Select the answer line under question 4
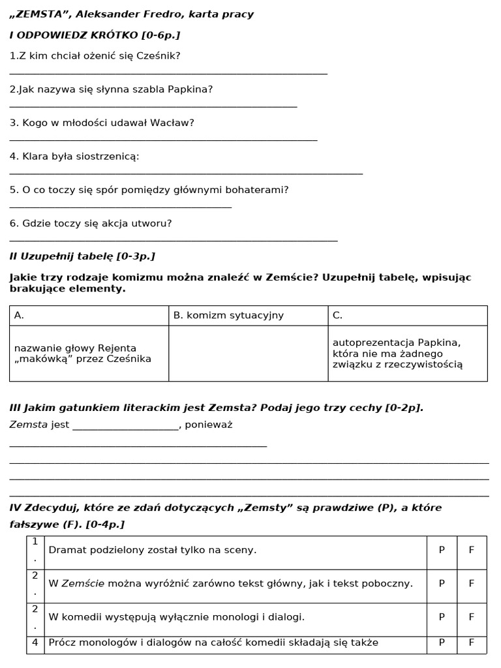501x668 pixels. click(x=186, y=174)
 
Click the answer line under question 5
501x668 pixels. click(x=121, y=207)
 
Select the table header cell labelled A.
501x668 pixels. click(x=89, y=316)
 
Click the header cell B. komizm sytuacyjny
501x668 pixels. click(x=248, y=316)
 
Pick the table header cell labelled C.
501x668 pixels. click(x=408, y=316)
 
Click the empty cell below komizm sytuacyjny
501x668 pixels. click(x=248, y=353)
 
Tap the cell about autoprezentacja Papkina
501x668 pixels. click(x=408, y=353)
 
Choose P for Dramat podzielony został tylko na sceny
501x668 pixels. click(x=442, y=550)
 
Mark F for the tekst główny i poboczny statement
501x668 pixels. click(x=472, y=584)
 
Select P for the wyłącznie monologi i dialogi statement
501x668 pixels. click(x=442, y=617)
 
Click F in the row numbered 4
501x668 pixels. click(x=472, y=643)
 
